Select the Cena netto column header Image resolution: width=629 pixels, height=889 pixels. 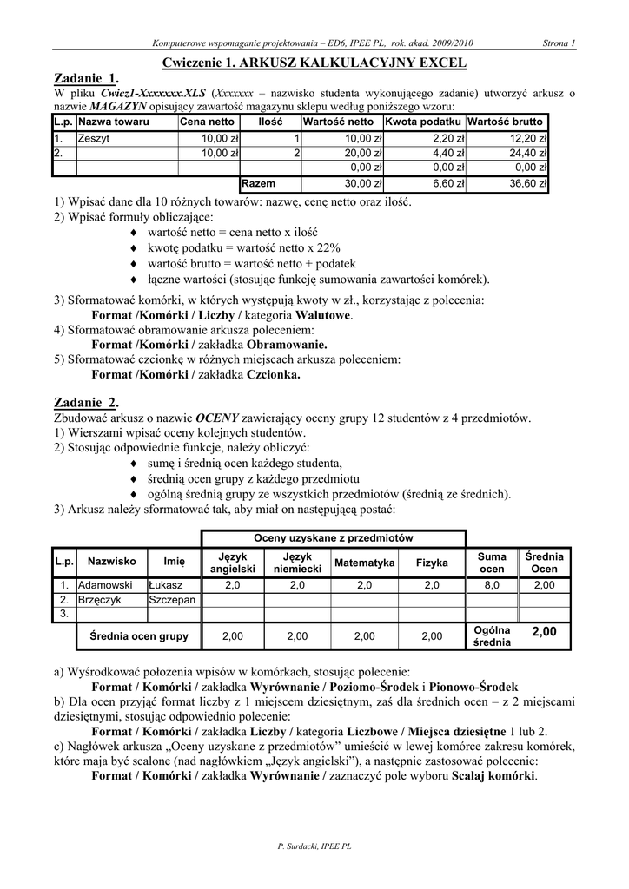pyautogui.click(x=207, y=122)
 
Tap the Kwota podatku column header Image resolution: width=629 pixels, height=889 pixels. pyautogui.click(x=423, y=122)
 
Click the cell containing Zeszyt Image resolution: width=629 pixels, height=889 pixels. pyautogui.click(x=94, y=138)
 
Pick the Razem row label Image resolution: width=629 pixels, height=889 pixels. pyautogui.click(x=259, y=184)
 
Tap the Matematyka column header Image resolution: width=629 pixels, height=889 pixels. pyautogui.click(x=365, y=563)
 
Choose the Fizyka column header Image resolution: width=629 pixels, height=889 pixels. pyautogui.click(x=432, y=563)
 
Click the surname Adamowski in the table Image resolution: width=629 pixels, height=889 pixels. pyautogui.click(x=105, y=585)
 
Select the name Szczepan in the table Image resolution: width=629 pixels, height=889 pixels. pyautogui.click(x=172, y=600)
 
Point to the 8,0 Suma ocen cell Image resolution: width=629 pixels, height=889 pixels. pyautogui.click(x=492, y=585)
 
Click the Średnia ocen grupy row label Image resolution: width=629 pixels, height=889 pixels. pyautogui.click(x=139, y=636)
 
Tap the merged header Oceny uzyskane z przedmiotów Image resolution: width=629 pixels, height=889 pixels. pyautogui.click(x=333, y=538)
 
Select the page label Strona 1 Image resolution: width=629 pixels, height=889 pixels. pyautogui.click(x=559, y=43)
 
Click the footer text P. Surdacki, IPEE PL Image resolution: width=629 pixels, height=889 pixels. pyautogui.click(x=314, y=845)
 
